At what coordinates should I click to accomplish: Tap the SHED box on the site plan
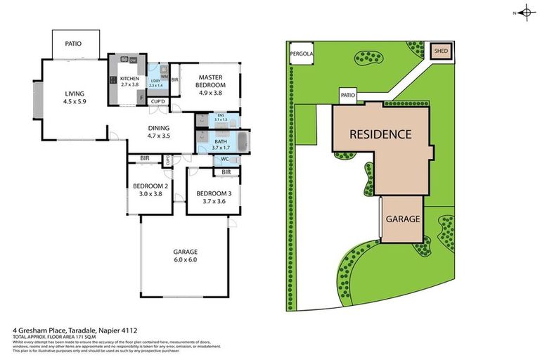tap(441, 51)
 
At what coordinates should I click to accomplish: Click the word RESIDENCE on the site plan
tap(380, 134)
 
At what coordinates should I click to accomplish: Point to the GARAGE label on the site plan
tap(402, 219)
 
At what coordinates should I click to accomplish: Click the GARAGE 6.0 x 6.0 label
tap(186, 255)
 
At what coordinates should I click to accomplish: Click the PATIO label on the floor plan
tap(74, 44)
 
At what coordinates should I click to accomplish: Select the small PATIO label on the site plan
tap(347, 96)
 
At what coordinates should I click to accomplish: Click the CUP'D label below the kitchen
tap(158, 102)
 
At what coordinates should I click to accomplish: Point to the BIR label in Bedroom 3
tap(226, 172)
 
